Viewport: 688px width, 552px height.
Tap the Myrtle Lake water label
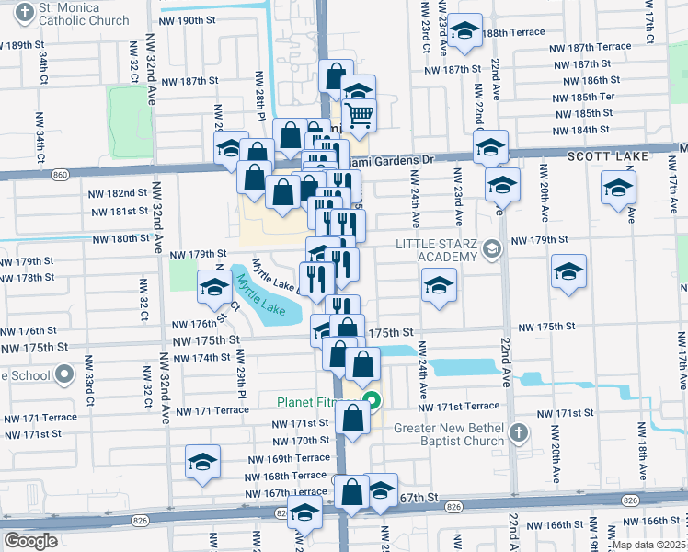coord(264,299)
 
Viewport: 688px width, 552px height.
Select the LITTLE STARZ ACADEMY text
coord(437,250)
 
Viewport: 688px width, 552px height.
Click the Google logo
coord(30,541)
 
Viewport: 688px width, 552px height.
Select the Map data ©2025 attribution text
coord(648,545)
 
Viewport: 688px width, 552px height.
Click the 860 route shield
coord(61,174)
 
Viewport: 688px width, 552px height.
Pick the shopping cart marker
coord(360,114)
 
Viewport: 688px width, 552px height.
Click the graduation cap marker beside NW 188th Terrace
coord(466,33)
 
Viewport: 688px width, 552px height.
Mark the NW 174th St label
coord(200,357)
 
